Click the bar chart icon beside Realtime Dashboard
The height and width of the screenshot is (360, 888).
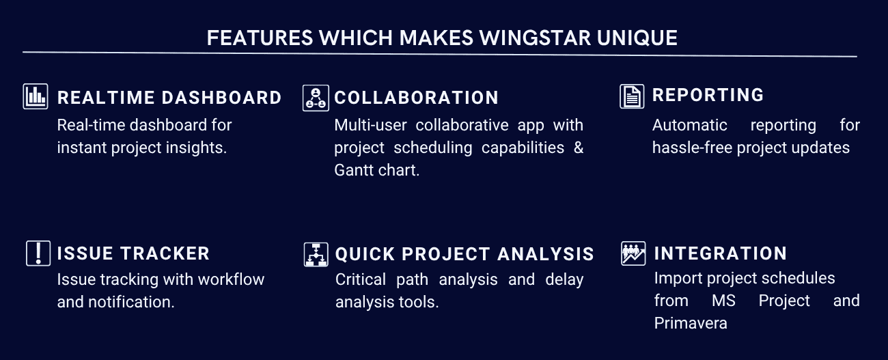pos(36,96)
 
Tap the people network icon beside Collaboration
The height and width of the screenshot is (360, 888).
pos(316,98)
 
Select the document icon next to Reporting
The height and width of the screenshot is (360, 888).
pos(632,96)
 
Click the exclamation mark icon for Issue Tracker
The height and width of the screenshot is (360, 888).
pos(38,253)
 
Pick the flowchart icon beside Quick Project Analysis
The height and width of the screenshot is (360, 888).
pos(316,255)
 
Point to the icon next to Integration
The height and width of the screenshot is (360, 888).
pos(633,253)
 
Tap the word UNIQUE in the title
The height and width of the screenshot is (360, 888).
pos(637,38)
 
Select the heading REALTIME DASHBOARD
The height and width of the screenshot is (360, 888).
pos(169,98)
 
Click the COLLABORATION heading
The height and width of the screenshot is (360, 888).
pos(416,98)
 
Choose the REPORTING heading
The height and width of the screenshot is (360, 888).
pos(708,95)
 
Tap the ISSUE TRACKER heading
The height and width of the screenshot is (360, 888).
pos(133,253)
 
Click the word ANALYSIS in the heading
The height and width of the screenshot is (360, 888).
pos(546,254)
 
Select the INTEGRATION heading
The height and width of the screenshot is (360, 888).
pos(721,253)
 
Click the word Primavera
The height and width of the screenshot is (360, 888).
pos(691,324)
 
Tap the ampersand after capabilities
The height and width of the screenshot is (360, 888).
pos(579,148)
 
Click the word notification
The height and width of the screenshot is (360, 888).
pos(131,302)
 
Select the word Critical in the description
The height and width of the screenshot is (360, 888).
pos(361,279)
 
